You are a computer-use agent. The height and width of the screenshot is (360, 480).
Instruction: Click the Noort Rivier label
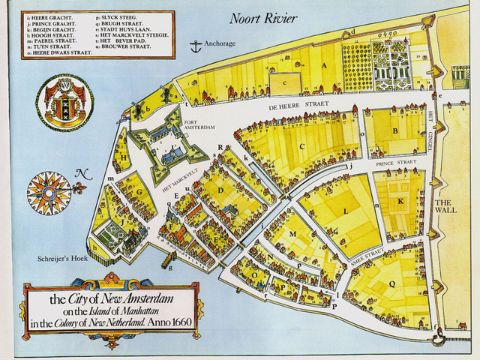[x=263, y=18]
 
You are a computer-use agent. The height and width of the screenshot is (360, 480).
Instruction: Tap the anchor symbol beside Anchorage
[x=196, y=46]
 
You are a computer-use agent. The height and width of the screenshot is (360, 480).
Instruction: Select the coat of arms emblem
[x=65, y=102]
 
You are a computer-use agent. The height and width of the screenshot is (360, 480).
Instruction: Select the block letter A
[x=325, y=65]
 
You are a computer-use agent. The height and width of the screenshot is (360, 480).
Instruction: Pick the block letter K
[x=401, y=201]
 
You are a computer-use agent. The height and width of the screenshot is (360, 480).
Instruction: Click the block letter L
[x=345, y=212]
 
